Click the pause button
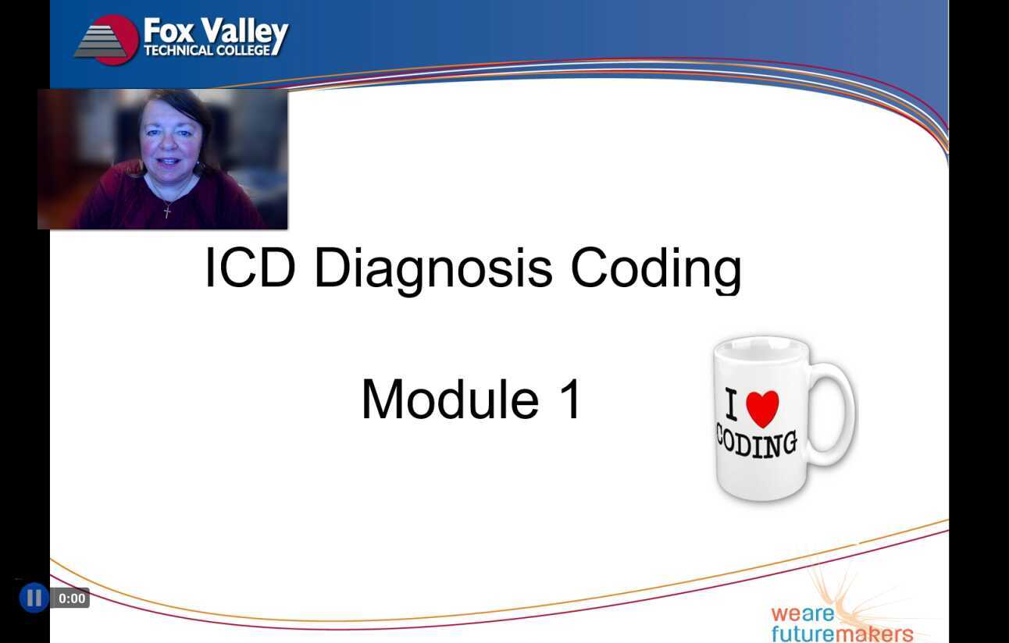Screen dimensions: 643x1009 point(34,599)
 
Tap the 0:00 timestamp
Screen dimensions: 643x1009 point(72,599)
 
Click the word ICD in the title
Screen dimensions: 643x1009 point(249,268)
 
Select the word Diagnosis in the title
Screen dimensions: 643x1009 point(433,268)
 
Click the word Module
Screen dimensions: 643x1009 point(450,400)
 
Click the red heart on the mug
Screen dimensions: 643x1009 point(762,407)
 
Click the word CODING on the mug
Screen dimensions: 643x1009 point(756,443)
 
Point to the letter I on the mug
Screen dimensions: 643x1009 point(732,407)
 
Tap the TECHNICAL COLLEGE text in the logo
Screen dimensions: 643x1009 point(207,51)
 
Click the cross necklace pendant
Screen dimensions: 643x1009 point(166,210)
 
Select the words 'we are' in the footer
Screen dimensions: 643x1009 point(802,613)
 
